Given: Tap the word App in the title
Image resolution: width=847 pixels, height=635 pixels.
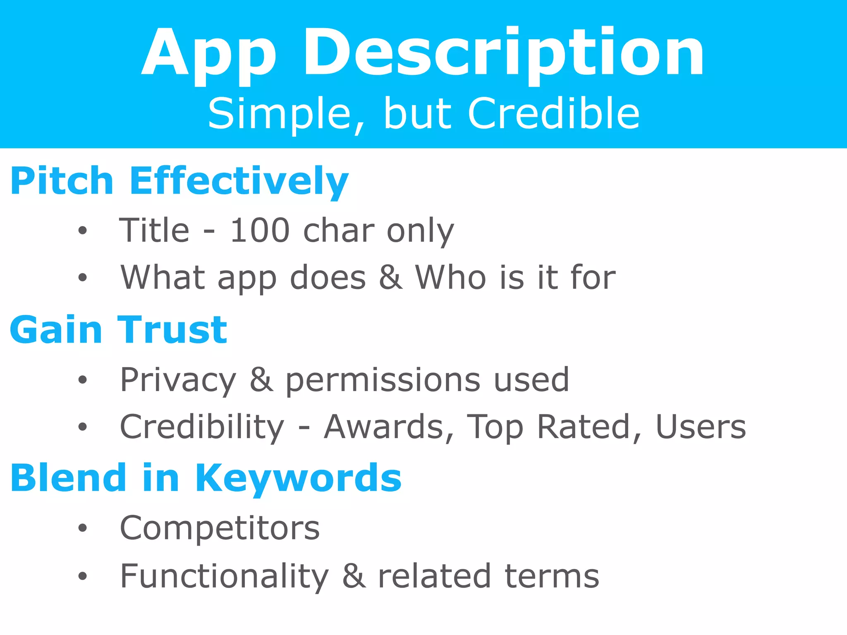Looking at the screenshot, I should point(209,54).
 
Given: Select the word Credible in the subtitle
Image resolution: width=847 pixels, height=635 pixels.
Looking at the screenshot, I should point(554,113).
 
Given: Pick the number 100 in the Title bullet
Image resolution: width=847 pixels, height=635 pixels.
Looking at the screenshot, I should point(260,230).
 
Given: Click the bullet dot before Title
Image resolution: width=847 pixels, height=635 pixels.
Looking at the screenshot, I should point(83,231).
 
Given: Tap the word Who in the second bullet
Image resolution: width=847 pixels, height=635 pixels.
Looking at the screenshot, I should point(451,277).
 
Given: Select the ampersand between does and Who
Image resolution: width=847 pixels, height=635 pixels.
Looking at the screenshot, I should point(390,277).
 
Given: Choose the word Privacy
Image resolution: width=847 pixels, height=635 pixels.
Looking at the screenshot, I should point(178,380).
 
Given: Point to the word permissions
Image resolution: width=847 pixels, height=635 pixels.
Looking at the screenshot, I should point(383,381).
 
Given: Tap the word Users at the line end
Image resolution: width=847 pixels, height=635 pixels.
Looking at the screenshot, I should point(701,427).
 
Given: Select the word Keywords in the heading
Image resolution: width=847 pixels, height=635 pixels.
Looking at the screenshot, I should point(298,478).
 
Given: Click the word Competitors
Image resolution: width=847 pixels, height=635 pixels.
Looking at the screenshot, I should point(220,528).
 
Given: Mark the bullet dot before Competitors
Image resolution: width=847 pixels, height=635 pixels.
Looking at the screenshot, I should point(83,528).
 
